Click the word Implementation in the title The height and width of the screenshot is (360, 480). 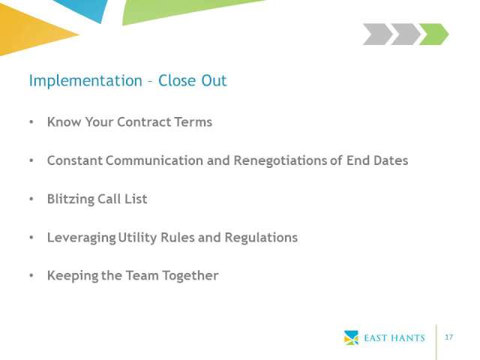pos(85,82)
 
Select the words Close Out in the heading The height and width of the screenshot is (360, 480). pos(192,81)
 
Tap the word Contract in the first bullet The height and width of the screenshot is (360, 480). pos(144,121)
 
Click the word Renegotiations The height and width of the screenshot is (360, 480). pos(280,160)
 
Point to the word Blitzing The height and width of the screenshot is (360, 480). pos(71,199)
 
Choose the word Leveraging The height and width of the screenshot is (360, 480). pos(82,238)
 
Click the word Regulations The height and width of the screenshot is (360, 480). pos(261,238)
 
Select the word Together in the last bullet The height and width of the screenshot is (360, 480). pos(190,276)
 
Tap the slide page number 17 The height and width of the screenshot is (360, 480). pos(448,337)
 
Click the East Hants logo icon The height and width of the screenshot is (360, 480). pos(351,337)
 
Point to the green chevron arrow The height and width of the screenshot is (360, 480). pos(433,34)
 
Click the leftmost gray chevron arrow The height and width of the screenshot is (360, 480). pos(378,34)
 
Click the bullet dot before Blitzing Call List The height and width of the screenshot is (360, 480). pos(31,199)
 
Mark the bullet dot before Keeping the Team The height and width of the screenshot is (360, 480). pos(31,275)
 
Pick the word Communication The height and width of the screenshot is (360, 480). pos(154,160)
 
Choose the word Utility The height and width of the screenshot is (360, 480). pos(137,238)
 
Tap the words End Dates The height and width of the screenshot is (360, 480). pos(377,160)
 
